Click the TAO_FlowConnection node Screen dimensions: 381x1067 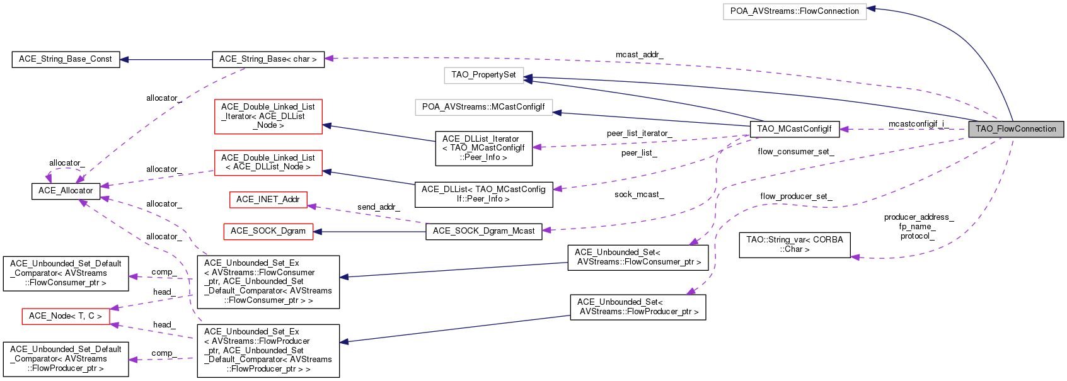click(x=1016, y=129)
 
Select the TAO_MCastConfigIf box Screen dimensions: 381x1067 click(x=794, y=129)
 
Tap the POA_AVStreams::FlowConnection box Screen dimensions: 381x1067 click(x=794, y=11)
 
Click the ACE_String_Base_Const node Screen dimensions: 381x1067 click(x=66, y=59)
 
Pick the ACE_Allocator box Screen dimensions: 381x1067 click(x=66, y=191)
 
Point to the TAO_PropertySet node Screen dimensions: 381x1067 click(x=483, y=75)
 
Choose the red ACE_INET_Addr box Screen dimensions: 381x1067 click(x=268, y=200)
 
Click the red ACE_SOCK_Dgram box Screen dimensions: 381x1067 click(x=268, y=231)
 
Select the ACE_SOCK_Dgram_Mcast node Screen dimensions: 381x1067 click(x=483, y=231)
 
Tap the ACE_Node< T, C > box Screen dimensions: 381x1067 click(x=66, y=316)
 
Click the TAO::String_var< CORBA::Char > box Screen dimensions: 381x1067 click(x=794, y=244)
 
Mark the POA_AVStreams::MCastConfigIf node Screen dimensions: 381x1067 click(x=483, y=107)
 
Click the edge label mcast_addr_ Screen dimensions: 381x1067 click(x=639, y=55)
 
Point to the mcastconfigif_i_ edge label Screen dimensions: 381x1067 click(x=918, y=124)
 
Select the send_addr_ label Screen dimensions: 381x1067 click(x=378, y=207)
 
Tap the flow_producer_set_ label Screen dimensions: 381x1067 click(x=796, y=196)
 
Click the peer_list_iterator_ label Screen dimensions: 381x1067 click(x=639, y=134)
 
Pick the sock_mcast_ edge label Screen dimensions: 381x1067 click(x=639, y=195)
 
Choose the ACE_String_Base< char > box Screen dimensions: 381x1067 click(x=268, y=59)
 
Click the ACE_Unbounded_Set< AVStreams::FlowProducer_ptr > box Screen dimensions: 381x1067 click(x=638, y=307)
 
